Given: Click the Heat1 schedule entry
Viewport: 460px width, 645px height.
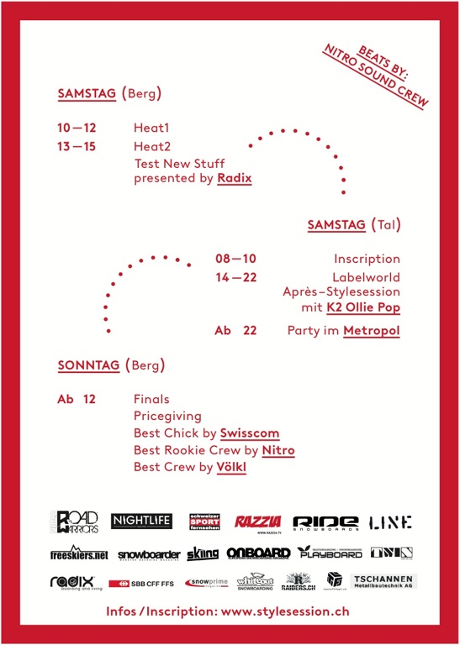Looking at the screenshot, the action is pyautogui.click(x=151, y=128).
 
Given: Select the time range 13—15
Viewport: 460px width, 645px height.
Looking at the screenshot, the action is pyautogui.click(x=77, y=146).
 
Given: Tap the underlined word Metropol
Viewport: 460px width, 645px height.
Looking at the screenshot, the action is pyautogui.click(x=372, y=331).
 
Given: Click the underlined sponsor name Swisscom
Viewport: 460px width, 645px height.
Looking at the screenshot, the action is pyautogui.click(x=250, y=433).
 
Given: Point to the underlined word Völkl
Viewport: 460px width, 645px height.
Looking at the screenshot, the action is pyautogui.click(x=231, y=467).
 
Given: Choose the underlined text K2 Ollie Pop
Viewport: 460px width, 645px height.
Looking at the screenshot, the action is pyautogui.click(x=363, y=308).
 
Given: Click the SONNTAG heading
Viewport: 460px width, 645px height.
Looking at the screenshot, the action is pyautogui.click(x=88, y=365).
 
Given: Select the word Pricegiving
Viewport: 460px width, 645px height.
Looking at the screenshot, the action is pyautogui.click(x=167, y=416).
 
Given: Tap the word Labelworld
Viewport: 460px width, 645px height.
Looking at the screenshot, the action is pyautogui.click(x=366, y=276).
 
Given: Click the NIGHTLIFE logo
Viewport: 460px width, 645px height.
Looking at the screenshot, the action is pyautogui.click(x=142, y=522).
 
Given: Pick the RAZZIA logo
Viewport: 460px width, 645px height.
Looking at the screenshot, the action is pyautogui.click(x=257, y=522).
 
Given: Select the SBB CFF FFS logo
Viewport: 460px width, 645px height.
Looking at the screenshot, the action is pyautogui.click(x=141, y=582).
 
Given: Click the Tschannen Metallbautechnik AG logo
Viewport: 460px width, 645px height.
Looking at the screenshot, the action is pyautogui.click(x=383, y=580).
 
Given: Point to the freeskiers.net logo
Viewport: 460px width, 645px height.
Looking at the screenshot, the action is pyautogui.click(x=78, y=553).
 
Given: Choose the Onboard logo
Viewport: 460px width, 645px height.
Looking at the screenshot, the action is pyautogui.click(x=258, y=553).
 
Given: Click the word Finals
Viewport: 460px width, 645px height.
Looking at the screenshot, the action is pyautogui.click(x=151, y=399).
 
